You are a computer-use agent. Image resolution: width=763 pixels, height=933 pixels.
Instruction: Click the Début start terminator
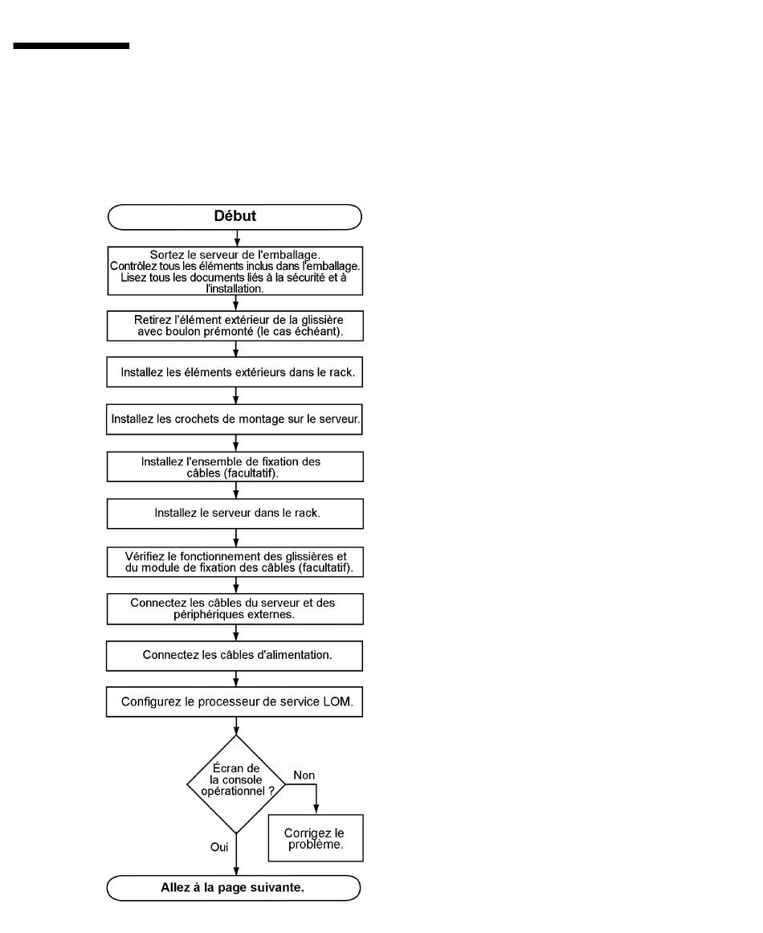click(x=235, y=217)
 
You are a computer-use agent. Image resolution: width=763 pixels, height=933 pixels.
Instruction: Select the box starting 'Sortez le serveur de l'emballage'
click(x=235, y=271)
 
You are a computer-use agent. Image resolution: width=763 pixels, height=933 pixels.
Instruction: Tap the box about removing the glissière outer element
click(x=235, y=325)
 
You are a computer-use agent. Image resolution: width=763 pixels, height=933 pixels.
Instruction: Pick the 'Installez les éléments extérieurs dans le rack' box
click(x=235, y=372)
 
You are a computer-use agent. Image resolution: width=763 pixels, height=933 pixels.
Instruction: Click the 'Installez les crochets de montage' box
click(x=235, y=419)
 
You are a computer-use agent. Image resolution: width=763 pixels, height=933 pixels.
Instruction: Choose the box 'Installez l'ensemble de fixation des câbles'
click(x=235, y=466)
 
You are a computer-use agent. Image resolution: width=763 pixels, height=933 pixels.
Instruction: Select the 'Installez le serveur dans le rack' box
click(x=235, y=514)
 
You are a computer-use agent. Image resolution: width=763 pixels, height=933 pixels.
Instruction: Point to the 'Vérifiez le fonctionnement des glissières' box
click(x=235, y=562)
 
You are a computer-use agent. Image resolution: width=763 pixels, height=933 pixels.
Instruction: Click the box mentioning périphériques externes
click(x=235, y=608)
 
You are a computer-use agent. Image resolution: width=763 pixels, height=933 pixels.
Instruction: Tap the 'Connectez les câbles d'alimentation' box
click(x=235, y=656)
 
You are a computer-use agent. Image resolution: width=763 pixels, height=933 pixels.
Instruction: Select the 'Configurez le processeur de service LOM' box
click(x=235, y=702)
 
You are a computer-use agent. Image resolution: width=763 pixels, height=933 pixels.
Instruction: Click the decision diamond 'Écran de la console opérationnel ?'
click(x=236, y=784)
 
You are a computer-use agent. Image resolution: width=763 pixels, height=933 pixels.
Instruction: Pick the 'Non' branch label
click(x=304, y=775)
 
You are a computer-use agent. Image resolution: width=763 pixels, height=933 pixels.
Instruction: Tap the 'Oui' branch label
click(x=218, y=847)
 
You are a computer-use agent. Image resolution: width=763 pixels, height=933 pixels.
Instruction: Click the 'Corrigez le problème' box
click(x=315, y=838)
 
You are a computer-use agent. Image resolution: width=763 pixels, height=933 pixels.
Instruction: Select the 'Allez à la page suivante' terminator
click(x=233, y=888)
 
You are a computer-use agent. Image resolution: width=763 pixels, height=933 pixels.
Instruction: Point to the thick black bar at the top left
click(x=71, y=46)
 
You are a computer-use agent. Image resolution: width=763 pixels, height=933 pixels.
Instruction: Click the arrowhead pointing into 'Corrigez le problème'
click(x=316, y=810)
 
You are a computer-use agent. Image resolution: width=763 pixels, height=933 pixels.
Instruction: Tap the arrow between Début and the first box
click(x=237, y=238)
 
